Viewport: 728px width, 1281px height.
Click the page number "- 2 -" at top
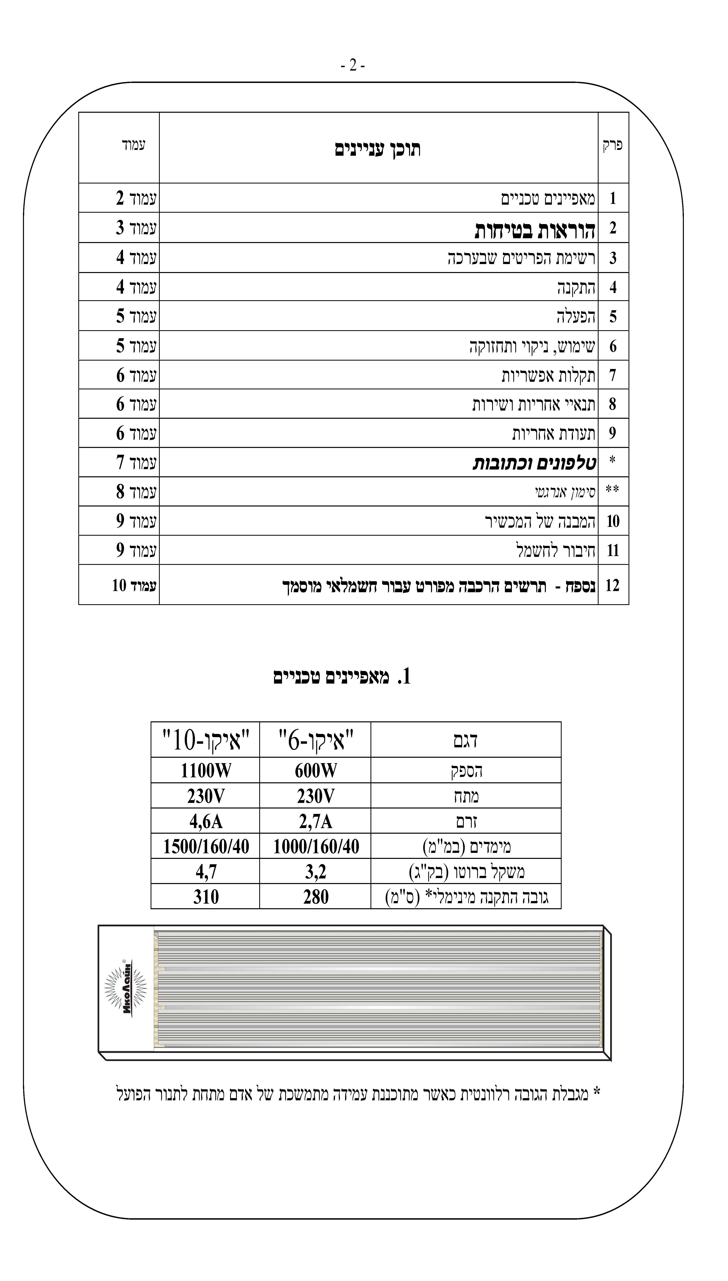point(353,66)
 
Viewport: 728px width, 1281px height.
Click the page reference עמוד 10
point(134,585)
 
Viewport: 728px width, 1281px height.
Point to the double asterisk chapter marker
point(613,490)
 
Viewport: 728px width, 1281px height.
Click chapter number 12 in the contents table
point(613,585)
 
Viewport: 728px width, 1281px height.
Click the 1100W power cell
point(206,771)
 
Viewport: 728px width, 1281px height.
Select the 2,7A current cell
point(316,822)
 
